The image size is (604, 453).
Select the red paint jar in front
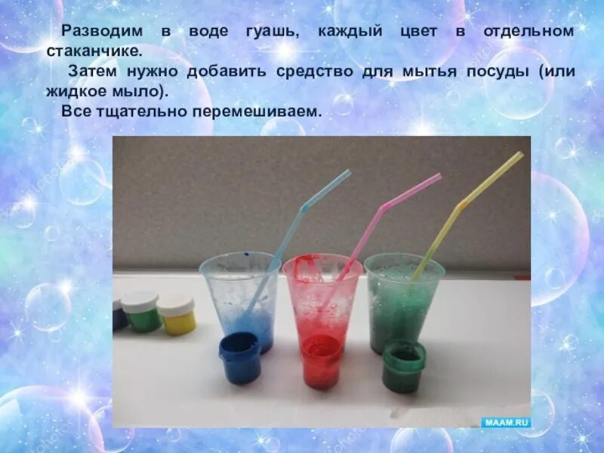point(320,360)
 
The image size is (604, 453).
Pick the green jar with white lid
point(141,311)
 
